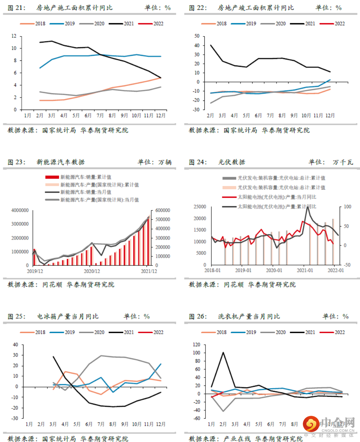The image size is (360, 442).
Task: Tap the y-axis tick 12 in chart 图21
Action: (14, 36)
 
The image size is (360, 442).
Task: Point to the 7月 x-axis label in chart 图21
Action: (100, 115)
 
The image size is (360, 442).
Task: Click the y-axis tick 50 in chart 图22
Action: (197, 36)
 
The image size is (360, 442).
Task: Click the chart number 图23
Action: (16, 162)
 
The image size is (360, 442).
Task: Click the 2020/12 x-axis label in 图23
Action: (92, 271)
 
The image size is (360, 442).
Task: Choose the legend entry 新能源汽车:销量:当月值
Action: (86, 192)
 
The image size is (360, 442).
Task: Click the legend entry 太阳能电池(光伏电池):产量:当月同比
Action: (277, 197)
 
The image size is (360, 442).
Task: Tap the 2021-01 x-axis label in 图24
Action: (305, 271)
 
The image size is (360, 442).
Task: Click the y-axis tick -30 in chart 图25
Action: (15, 418)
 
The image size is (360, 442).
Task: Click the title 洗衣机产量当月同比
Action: (249, 316)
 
